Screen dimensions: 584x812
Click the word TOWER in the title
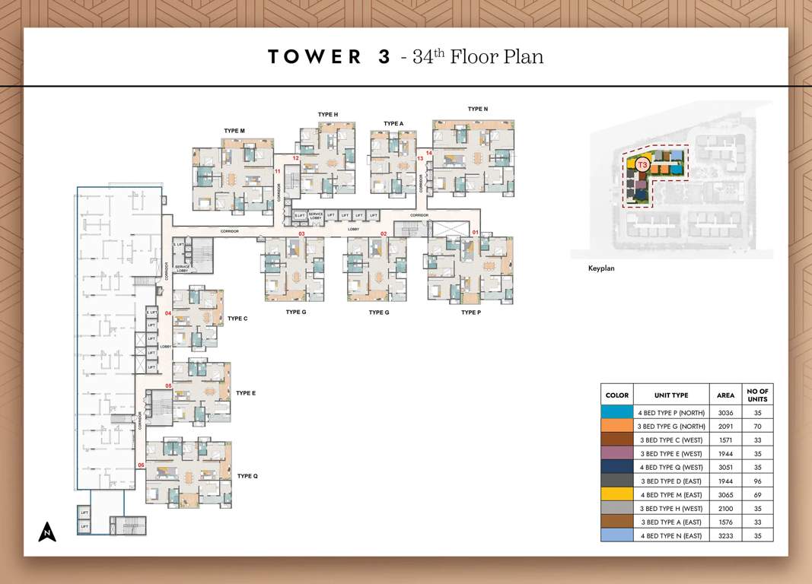(314, 57)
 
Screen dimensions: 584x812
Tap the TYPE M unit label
(234, 131)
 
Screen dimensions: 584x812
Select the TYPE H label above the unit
(328, 115)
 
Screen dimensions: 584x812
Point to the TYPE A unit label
(393, 123)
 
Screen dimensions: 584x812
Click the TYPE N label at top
(478, 109)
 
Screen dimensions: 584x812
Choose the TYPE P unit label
(471, 313)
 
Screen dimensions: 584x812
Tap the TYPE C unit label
(237, 319)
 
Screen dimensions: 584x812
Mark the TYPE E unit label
(246, 393)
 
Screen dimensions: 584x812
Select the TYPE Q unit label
(247, 476)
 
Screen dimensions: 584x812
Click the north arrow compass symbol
(47, 531)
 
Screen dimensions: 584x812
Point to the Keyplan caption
(601, 268)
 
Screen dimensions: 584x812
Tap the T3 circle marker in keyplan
(642, 164)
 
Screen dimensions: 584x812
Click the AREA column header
(725, 395)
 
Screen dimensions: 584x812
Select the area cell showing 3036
(725, 412)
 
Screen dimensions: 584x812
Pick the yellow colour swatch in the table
(616, 494)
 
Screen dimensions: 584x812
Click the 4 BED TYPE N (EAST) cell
(671, 536)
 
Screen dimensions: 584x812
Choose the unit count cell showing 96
(757, 481)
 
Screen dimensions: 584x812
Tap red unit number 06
(141, 465)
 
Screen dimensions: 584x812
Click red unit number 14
(429, 153)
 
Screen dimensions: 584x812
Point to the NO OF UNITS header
(757, 395)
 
